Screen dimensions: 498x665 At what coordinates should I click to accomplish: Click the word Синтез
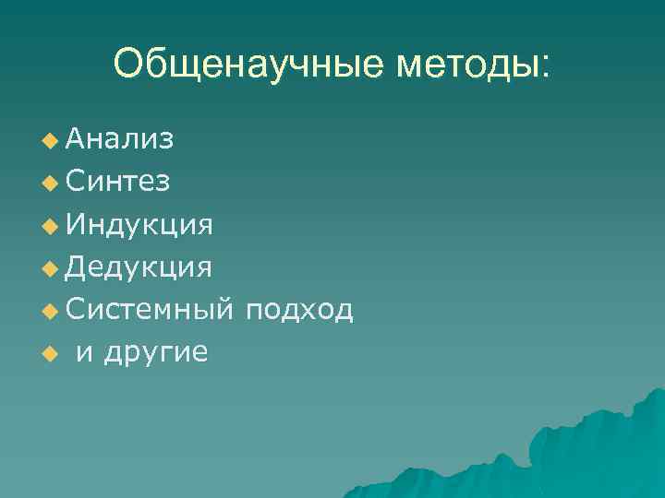tap(117, 181)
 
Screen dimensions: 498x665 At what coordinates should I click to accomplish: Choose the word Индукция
tap(139, 224)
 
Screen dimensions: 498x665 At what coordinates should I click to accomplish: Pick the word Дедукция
tap(139, 267)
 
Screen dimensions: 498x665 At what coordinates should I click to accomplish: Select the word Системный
tap(151, 310)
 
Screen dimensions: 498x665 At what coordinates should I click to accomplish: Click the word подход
tap(299, 310)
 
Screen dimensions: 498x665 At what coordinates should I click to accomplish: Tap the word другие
tap(155, 352)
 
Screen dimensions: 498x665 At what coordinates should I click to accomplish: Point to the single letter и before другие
tap(84, 352)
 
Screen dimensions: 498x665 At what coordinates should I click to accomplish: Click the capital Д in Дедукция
tap(78, 267)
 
